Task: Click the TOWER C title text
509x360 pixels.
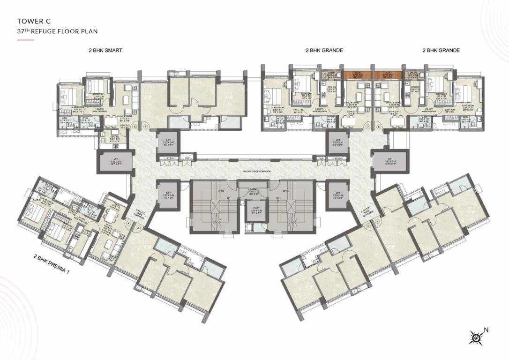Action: click(33, 21)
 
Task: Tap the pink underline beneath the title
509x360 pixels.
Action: click(25, 40)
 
